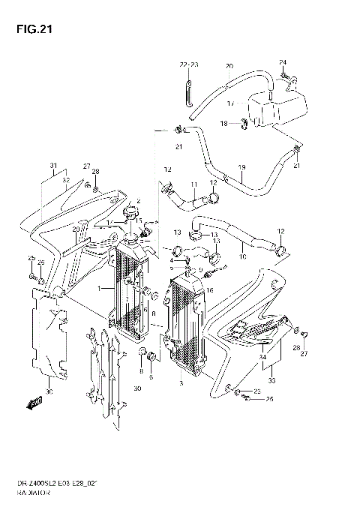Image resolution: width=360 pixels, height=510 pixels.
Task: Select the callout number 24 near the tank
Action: click(x=283, y=61)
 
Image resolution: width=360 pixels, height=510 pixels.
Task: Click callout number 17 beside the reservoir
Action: click(x=231, y=103)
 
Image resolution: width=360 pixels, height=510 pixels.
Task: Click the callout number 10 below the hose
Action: click(x=243, y=257)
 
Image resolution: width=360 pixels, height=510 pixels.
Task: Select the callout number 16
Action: click(x=211, y=289)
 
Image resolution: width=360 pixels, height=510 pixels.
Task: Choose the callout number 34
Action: click(x=262, y=359)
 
